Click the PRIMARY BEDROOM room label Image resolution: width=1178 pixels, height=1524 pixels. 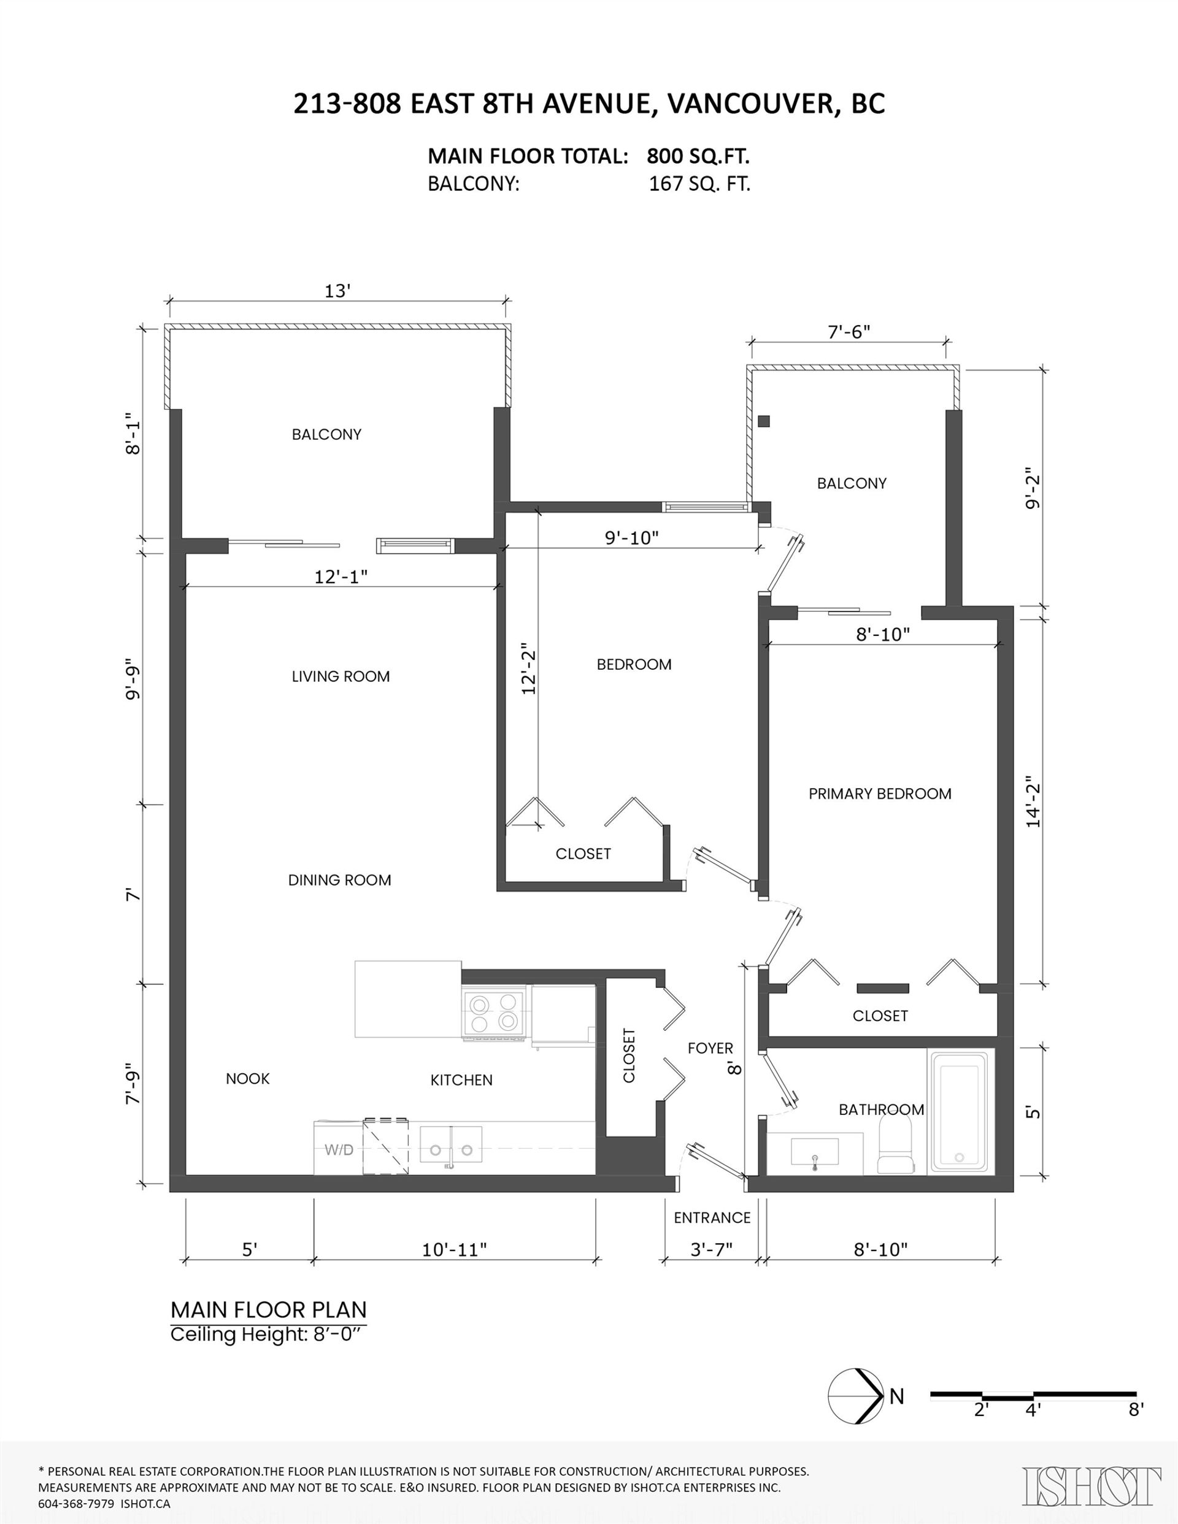point(880,794)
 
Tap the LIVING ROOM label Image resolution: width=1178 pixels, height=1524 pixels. point(341,676)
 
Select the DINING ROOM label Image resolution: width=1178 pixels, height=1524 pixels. point(339,880)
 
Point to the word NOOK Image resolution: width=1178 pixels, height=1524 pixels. point(248,1078)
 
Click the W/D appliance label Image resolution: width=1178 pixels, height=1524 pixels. point(339,1149)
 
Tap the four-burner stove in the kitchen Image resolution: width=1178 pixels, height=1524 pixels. point(494,1013)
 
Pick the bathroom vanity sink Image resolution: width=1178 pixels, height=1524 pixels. point(815,1151)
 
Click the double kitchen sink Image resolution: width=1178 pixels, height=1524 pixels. point(450,1144)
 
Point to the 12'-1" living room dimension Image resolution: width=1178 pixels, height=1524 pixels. point(341,576)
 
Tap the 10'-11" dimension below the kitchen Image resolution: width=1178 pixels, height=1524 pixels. point(454,1249)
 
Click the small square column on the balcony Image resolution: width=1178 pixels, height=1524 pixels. point(764,421)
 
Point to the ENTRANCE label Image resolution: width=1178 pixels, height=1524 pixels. point(712,1217)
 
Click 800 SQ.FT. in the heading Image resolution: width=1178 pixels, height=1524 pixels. point(698,156)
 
